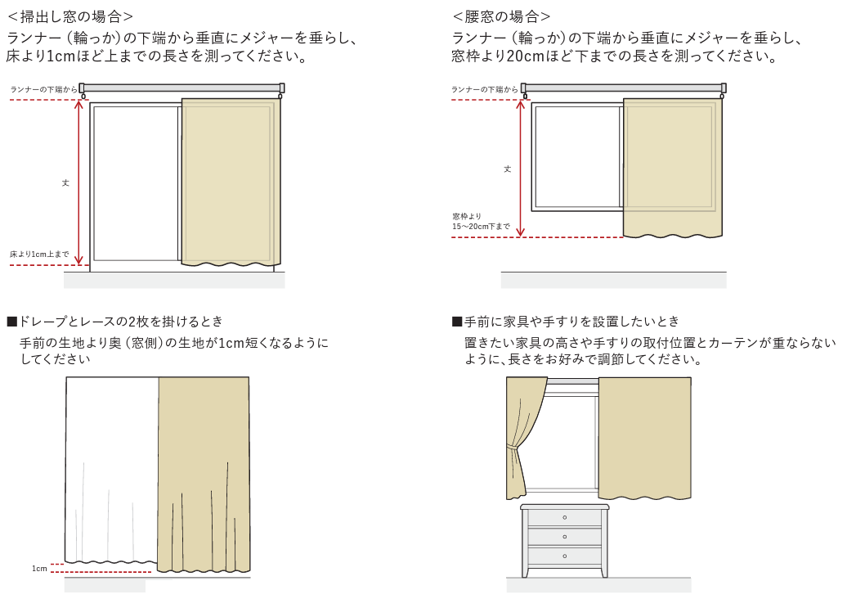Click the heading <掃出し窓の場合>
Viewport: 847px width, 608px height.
[70, 16]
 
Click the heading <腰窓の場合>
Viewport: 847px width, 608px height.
[501, 16]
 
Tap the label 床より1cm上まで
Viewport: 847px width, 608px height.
[39, 254]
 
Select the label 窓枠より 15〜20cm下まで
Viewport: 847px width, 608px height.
[481, 222]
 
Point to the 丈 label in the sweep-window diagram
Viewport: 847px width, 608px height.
[65, 182]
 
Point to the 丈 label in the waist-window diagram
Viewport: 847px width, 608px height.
[507, 169]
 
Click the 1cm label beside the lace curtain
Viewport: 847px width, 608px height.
[39, 569]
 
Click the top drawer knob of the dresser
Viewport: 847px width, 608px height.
[564, 517]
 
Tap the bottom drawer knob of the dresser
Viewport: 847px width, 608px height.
[564, 556]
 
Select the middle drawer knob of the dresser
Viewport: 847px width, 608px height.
[564, 537]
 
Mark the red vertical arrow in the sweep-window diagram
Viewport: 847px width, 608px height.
[78, 182]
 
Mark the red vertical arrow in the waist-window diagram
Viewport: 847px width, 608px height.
[520, 169]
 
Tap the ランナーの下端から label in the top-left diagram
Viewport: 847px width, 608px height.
[44, 90]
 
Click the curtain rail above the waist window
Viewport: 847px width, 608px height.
[623, 88]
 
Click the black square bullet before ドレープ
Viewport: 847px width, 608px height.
[12, 322]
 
